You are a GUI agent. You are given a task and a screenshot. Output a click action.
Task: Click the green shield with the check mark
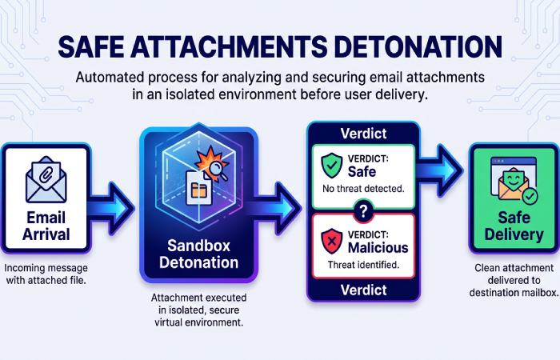point(331,166)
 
